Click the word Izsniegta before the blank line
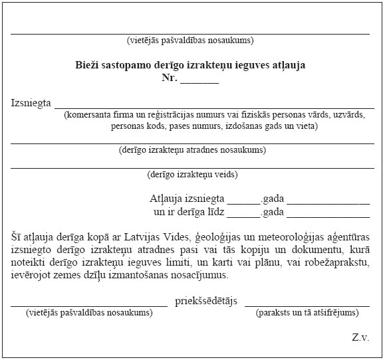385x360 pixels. pyautogui.click(x=31, y=104)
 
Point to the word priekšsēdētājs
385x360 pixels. pyautogui.click(x=206, y=301)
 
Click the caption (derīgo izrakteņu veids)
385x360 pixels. pyautogui.click(x=192, y=175)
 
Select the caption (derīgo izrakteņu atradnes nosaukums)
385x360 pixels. pyautogui.click(x=192, y=149)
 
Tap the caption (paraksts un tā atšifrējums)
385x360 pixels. pyautogui.click(x=307, y=312)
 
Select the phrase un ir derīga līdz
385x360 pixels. pyautogui.click(x=189, y=212)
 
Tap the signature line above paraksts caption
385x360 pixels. pyautogui.click(x=307, y=306)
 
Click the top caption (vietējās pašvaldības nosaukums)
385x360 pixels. pyautogui.click(x=190, y=41)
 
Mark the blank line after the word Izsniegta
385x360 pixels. pyautogui.click(x=213, y=107)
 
